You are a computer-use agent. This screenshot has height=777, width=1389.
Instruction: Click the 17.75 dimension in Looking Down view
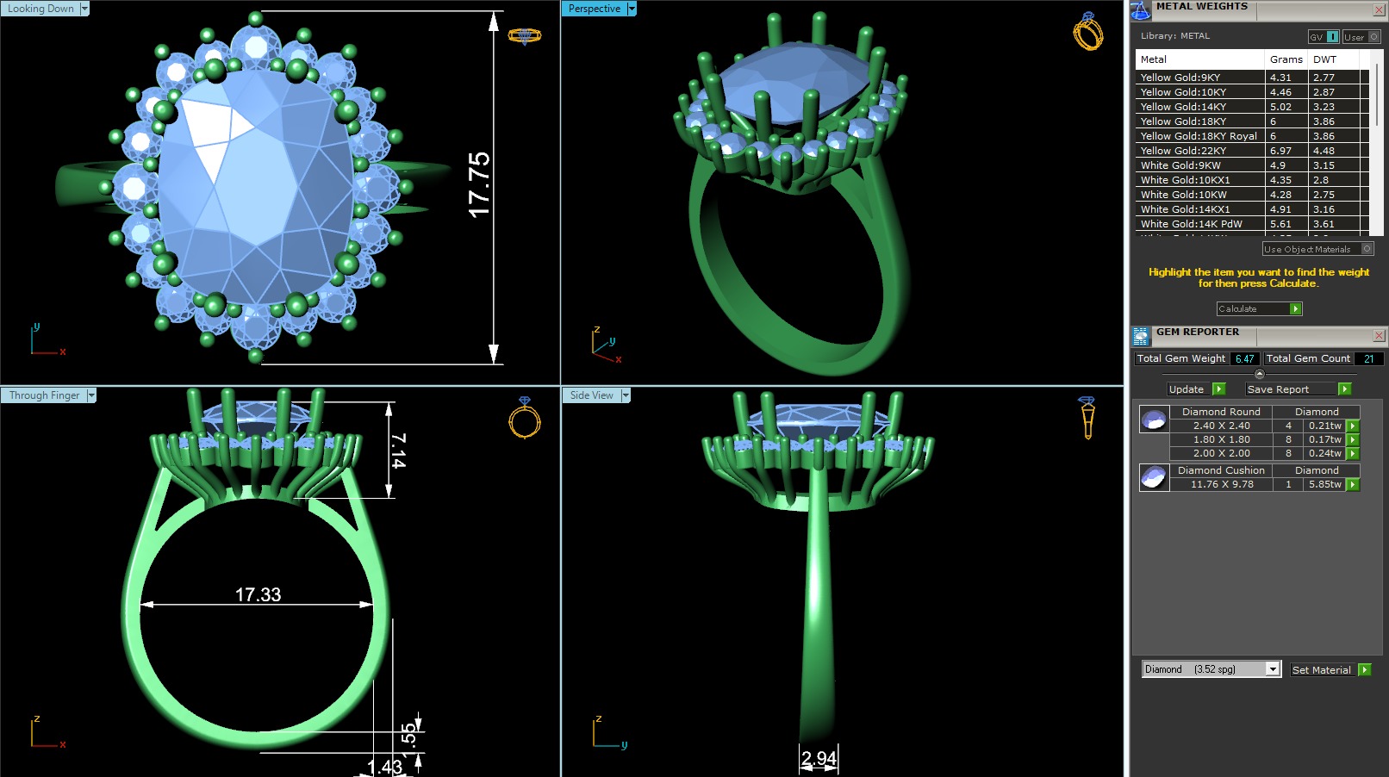pyautogui.click(x=479, y=184)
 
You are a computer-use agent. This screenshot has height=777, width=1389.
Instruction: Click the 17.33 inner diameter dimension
pyautogui.click(x=258, y=595)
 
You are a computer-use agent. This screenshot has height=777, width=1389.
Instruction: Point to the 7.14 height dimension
pyautogui.click(x=397, y=450)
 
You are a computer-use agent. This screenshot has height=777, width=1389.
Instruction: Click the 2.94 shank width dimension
pyautogui.click(x=819, y=758)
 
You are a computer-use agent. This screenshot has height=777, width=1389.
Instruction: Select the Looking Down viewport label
pyautogui.click(x=41, y=9)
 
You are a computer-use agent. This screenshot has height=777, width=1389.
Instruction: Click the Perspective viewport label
pyautogui.click(x=595, y=9)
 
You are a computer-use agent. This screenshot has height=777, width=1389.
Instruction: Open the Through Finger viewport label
pyautogui.click(x=44, y=395)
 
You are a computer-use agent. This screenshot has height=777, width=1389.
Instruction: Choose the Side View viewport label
pyautogui.click(x=592, y=395)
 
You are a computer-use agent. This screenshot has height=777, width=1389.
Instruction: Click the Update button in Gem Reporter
pyautogui.click(x=1187, y=389)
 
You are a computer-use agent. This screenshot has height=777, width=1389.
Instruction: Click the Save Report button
pyautogui.click(x=1278, y=389)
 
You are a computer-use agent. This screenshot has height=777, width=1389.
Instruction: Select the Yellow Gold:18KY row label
pyautogui.click(x=1183, y=121)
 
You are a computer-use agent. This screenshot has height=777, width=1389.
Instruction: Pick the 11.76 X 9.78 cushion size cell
pyautogui.click(x=1221, y=484)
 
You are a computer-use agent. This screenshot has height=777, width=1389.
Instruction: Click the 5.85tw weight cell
pyautogui.click(x=1324, y=484)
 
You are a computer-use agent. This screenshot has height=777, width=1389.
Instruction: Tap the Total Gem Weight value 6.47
pyautogui.click(x=1244, y=358)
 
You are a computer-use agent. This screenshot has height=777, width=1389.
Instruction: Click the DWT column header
pyautogui.click(x=1324, y=59)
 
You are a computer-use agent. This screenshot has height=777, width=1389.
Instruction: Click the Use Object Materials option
pyautogui.click(x=1307, y=249)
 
